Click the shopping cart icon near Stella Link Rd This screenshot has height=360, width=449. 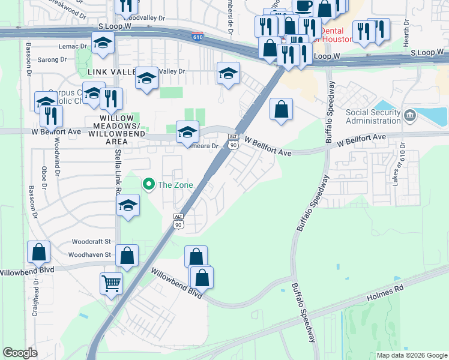point(111,282)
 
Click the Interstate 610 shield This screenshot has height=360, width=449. point(198,37)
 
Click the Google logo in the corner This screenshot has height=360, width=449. point(20,353)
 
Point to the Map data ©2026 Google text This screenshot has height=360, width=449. point(411,355)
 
